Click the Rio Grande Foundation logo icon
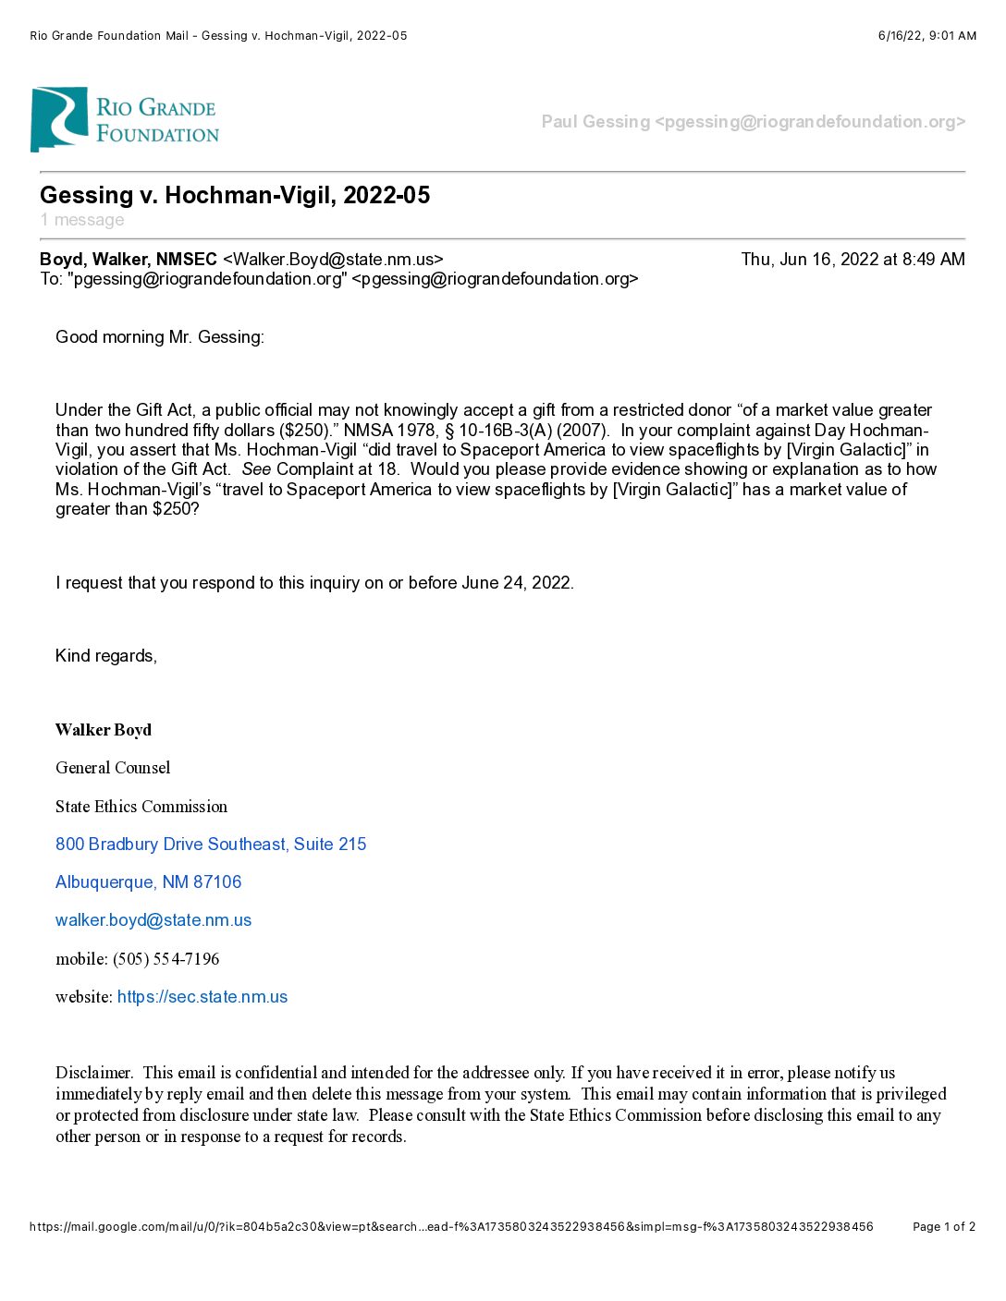[x=59, y=119]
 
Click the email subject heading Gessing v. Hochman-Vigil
[x=235, y=195]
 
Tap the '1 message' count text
[x=82, y=220]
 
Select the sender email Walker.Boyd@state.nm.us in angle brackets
[x=333, y=260]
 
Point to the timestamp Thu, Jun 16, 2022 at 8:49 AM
[x=853, y=260]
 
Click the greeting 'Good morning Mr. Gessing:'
[x=160, y=337]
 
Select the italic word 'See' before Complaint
[x=256, y=469]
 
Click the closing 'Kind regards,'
[x=106, y=656]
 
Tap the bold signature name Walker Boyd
[x=104, y=730]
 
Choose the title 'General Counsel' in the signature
[x=113, y=768]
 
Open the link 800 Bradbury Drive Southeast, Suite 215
[x=211, y=845]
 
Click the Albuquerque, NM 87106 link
[x=148, y=882]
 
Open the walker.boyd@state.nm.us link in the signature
[x=153, y=920]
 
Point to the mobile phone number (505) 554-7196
[x=166, y=959]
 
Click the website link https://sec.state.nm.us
[x=202, y=997]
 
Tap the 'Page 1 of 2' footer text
[x=943, y=1227]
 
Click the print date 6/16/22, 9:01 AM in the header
[x=926, y=36]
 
